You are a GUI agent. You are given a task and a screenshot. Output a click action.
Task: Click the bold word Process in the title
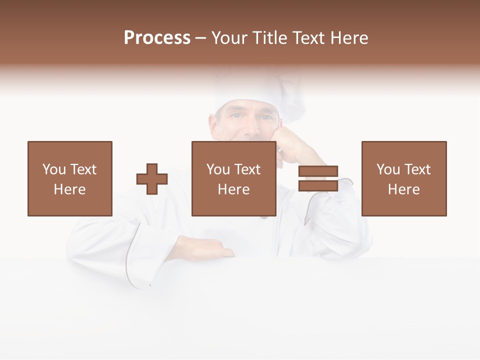[x=157, y=38]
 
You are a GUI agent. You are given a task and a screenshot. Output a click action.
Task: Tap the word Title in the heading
[x=267, y=38]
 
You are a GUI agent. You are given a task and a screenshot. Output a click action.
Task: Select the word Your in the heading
[x=229, y=38]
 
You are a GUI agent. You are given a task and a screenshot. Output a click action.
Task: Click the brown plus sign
[x=152, y=178]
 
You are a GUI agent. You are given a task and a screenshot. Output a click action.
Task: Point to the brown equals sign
[x=318, y=178]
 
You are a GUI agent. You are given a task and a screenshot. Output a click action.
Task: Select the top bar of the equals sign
[x=318, y=171]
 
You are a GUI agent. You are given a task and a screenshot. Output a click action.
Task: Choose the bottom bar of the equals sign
[x=318, y=185]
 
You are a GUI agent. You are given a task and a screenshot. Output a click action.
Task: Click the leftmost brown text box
[x=69, y=178]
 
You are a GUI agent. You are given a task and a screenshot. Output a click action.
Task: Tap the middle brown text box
[x=233, y=178]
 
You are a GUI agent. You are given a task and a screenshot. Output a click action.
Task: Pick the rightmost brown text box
[x=403, y=178]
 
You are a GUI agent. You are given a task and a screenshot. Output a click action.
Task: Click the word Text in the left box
[x=82, y=169]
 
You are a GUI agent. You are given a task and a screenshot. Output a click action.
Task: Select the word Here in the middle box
[x=233, y=189]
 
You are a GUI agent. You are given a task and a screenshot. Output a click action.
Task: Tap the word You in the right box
[x=388, y=169]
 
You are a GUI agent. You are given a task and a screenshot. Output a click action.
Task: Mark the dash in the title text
[x=201, y=38]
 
